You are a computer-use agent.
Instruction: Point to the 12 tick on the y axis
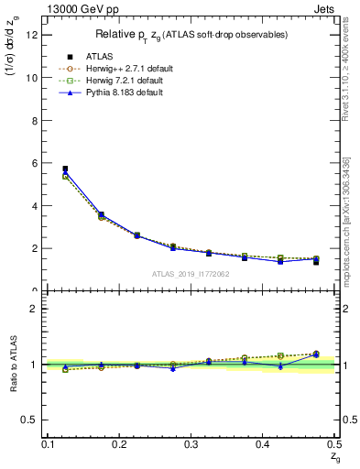coord(32,35)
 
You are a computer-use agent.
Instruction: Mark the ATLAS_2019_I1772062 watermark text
coord(191,274)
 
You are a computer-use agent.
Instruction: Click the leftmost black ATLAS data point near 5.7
coord(65,169)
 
